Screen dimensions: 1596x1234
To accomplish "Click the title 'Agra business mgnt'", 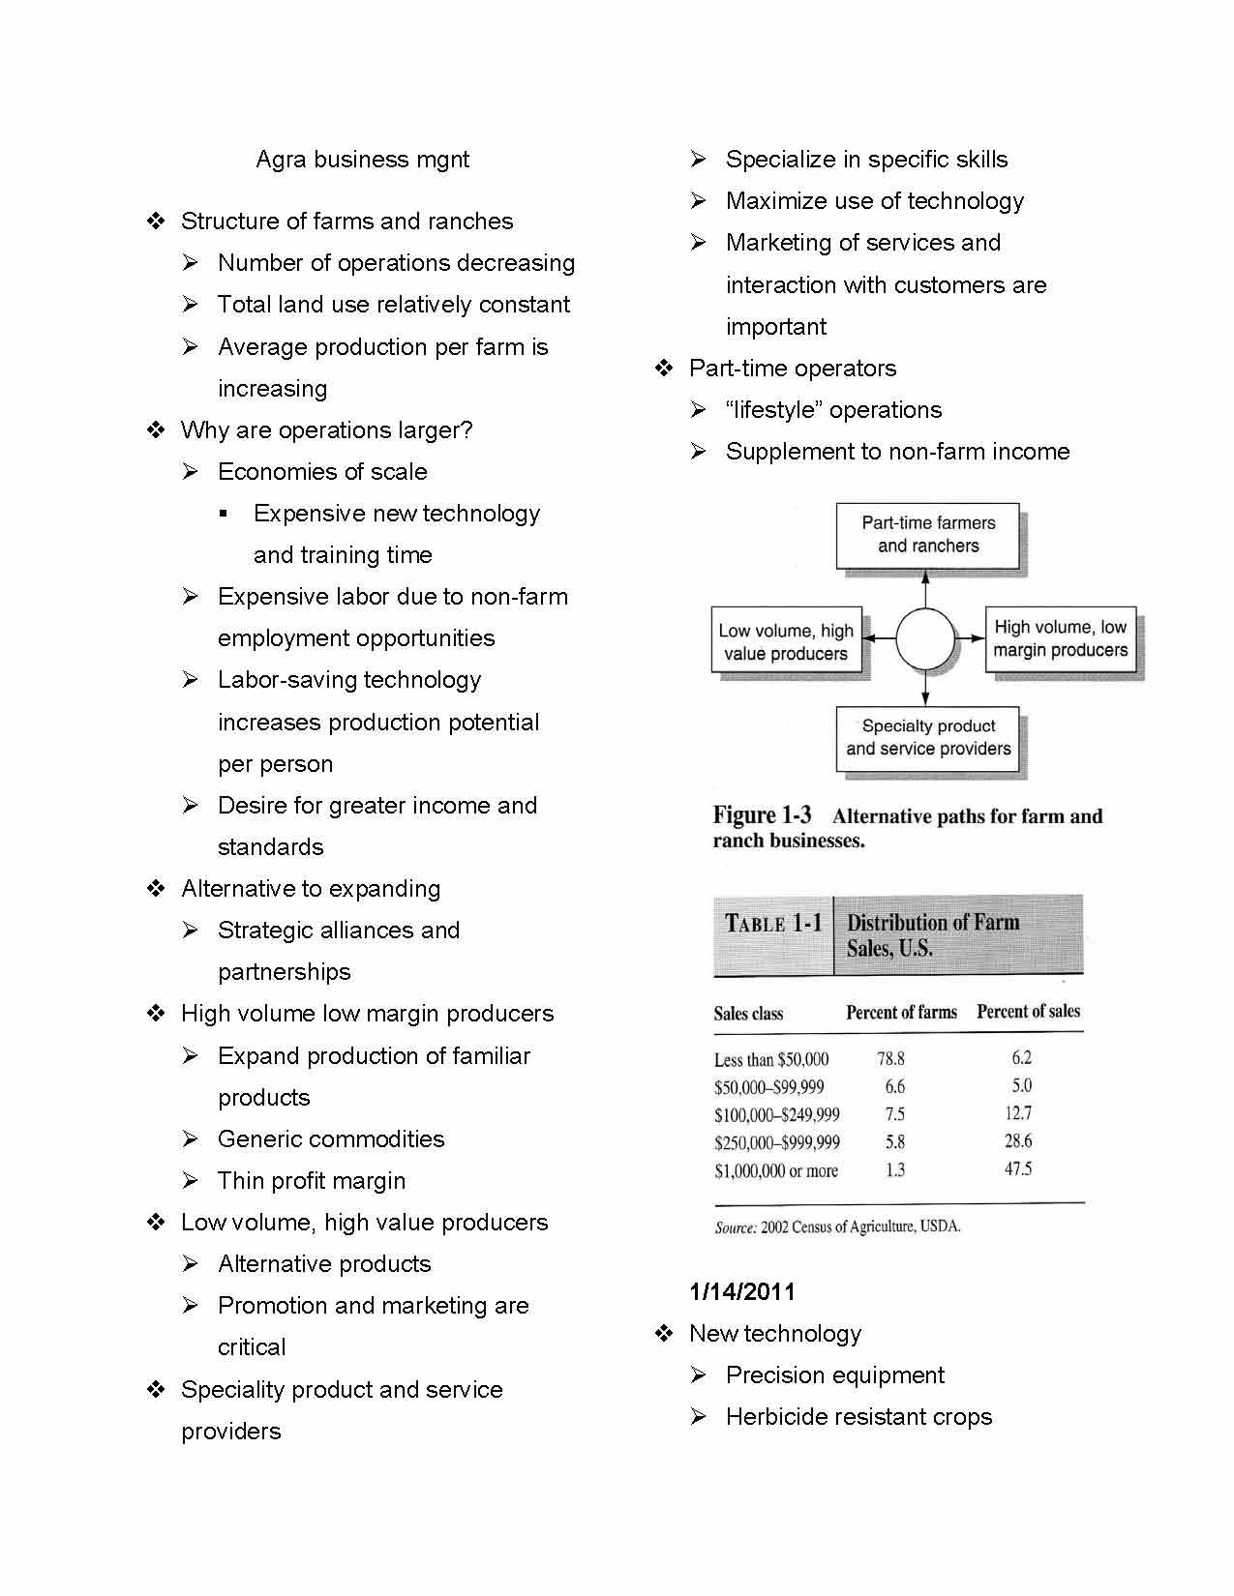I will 362,160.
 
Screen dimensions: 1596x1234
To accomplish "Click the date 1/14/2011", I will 742,1291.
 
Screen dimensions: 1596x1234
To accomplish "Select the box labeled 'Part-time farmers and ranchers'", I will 927,535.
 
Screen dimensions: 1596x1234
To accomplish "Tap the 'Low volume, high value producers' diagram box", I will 786,642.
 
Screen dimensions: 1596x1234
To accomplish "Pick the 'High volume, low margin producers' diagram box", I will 1060,639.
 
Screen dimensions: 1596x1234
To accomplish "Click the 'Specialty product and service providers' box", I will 927,738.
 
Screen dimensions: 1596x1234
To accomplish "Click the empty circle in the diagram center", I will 926,639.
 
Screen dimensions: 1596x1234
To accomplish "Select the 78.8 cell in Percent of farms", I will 890,1059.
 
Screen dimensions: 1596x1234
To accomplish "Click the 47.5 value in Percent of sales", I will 1018,1169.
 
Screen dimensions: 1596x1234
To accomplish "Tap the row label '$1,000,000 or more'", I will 776,1171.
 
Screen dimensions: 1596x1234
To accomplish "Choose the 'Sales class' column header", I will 748,1014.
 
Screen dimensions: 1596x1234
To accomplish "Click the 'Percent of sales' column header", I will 1028,1012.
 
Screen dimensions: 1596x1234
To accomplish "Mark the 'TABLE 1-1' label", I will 773,924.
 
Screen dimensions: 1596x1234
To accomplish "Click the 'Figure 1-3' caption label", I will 762,815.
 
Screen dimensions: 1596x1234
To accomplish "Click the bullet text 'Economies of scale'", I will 322,472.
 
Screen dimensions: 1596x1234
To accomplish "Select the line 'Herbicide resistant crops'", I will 858,1417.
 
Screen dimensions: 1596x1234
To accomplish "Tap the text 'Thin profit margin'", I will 311,1181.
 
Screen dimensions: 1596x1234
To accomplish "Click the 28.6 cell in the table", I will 1018,1141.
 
